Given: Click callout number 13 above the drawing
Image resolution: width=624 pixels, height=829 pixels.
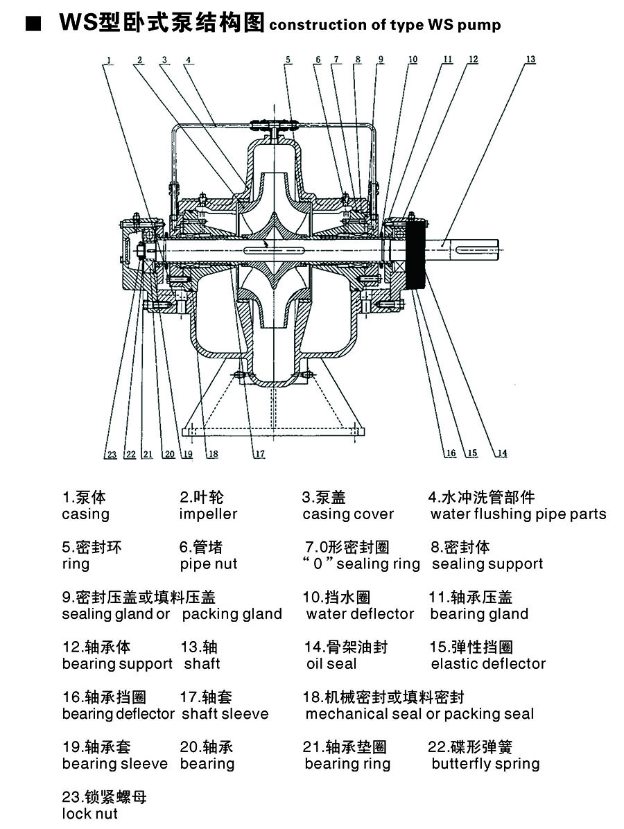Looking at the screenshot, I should coord(530,60).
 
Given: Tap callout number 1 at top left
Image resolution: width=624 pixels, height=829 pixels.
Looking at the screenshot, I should coord(109,60).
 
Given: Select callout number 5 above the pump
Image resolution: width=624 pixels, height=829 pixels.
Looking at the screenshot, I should coord(288,60).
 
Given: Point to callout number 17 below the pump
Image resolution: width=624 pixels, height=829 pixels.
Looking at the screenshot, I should coord(259,454).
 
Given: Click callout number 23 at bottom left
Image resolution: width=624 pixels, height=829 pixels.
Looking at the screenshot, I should coord(111,455).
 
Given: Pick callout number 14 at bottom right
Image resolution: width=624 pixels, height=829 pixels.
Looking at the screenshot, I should coord(502,454).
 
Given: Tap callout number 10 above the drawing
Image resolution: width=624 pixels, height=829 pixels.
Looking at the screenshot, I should coord(413,60).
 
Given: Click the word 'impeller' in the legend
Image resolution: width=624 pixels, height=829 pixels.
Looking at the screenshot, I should coord(208,514).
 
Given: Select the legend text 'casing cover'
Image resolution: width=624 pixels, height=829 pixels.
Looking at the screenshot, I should coord(348,514).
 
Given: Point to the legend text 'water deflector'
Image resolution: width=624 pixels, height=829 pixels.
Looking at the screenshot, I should coord(360,614).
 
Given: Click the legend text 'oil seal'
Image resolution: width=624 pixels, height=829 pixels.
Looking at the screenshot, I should coord(331,664).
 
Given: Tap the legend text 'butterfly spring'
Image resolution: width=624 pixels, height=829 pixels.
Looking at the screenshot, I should coord(485,764).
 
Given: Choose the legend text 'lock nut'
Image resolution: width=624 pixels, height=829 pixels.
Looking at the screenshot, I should coord(90,814).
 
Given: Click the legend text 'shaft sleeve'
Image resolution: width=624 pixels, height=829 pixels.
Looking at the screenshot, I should coord(225,714).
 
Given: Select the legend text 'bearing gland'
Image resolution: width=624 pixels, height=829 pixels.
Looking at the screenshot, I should coord(479,614).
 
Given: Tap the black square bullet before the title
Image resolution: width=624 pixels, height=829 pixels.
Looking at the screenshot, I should coord(31,25).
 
